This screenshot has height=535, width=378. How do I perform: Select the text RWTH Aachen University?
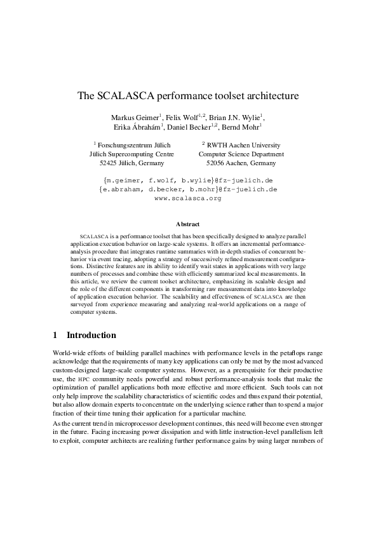[244, 145]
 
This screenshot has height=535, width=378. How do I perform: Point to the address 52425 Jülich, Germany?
[128, 163]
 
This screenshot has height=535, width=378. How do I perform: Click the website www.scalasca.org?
[188, 198]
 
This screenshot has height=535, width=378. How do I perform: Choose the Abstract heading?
[188, 224]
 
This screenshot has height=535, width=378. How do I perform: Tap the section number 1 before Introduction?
[55, 335]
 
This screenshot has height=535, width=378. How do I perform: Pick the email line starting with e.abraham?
[188, 189]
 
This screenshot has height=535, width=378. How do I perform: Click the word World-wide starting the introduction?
[69, 352]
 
